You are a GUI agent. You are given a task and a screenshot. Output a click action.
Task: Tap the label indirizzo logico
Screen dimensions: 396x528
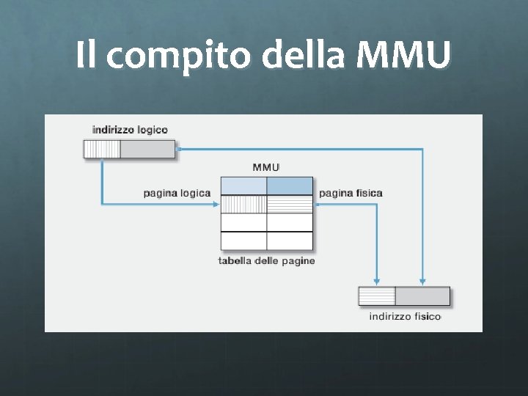click(130, 130)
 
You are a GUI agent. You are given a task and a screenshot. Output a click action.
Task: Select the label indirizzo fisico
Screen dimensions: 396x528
click(405, 317)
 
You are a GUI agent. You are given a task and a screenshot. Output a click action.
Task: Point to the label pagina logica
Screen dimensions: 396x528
click(177, 193)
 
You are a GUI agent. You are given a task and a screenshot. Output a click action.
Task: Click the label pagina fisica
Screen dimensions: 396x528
click(351, 193)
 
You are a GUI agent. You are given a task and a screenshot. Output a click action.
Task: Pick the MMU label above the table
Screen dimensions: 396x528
click(265, 167)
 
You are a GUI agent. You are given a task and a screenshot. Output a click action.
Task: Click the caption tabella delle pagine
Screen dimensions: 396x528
click(266, 261)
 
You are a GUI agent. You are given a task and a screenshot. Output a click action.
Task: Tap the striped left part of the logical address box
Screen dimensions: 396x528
click(102, 150)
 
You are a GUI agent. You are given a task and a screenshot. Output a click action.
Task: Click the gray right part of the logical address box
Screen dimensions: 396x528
click(147, 150)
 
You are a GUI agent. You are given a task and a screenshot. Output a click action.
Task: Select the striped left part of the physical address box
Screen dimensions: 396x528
click(377, 296)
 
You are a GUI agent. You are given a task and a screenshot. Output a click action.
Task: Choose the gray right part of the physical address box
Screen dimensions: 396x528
click(422, 296)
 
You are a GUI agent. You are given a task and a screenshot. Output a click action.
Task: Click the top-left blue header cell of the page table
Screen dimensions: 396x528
click(243, 186)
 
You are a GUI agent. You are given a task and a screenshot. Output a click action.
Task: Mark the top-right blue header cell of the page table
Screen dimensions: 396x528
click(290, 186)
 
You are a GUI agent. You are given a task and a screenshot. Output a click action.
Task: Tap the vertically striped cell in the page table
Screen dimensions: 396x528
click(243, 204)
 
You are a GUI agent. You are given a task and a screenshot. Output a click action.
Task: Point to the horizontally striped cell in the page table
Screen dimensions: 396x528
click(290, 204)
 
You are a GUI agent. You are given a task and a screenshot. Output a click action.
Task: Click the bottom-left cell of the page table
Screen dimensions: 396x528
click(243, 241)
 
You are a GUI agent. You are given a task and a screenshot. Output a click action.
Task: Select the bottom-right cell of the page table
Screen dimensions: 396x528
click(290, 241)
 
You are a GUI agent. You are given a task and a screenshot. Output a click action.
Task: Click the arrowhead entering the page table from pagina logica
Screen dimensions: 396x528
click(216, 204)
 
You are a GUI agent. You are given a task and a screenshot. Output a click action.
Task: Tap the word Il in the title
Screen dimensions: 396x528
click(85, 56)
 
